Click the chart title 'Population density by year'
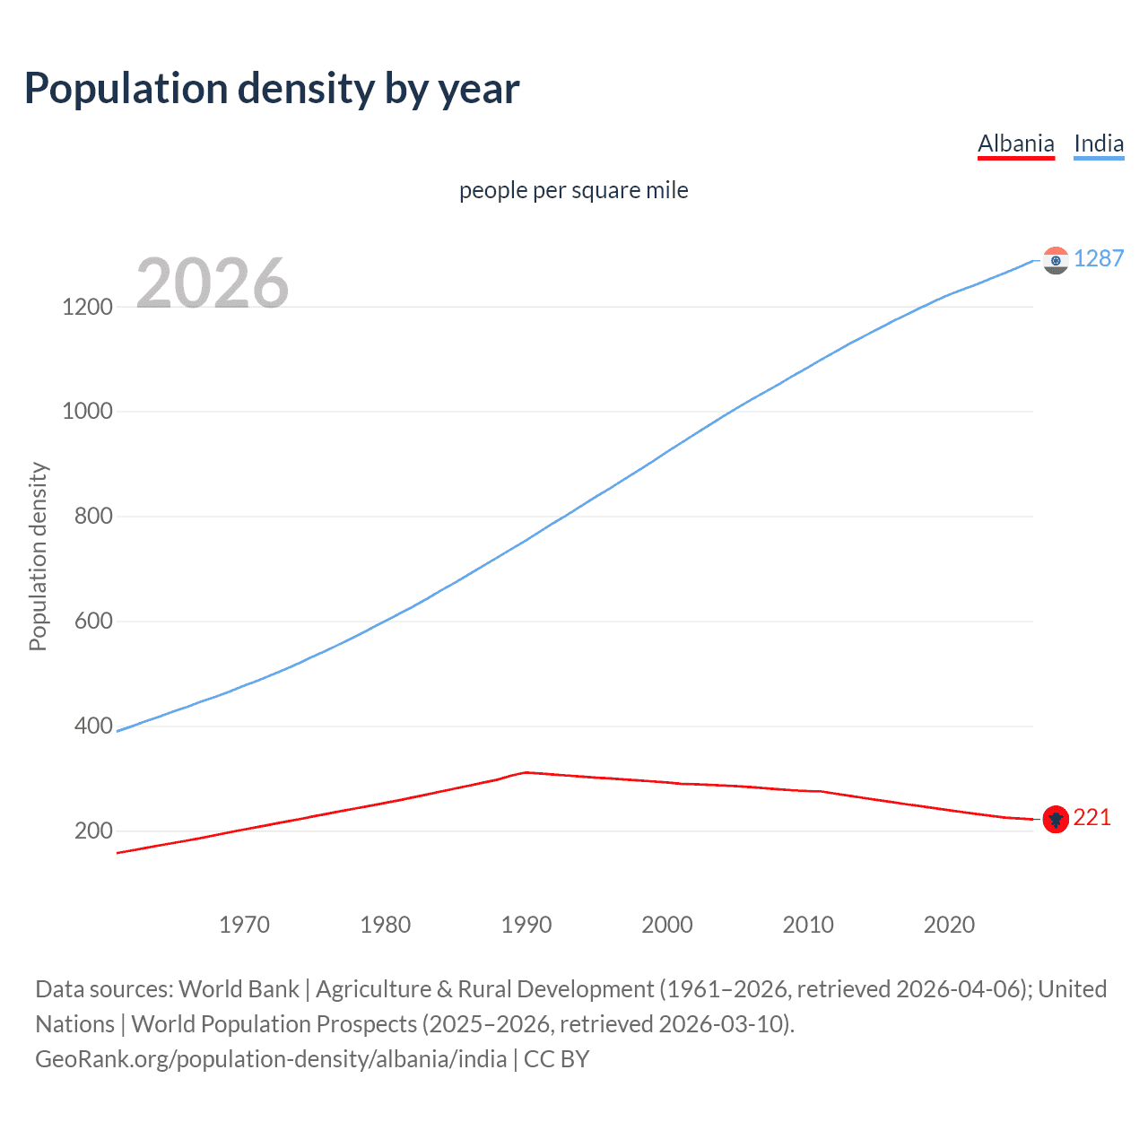tap(272, 89)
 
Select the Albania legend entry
tap(1015, 143)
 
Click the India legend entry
tap(1099, 143)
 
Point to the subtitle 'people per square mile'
tap(573, 190)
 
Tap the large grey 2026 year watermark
tap(213, 283)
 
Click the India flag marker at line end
tap(1056, 260)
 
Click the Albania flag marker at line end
tap(1056, 818)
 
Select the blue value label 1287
tap(1098, 258)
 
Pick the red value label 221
tap(1091, 817)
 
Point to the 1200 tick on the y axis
tap(87, 307)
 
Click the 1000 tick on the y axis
tap(87, 412)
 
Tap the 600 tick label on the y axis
tap(93, 621)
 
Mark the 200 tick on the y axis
tap(93, 831)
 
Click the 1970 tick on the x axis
tap(244, 925)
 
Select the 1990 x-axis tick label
tap(526, 925)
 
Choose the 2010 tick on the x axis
tap(808, 925)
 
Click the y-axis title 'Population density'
tap(38, 556)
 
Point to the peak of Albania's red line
tap(526, 771)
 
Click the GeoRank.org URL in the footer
tap(271, 1059)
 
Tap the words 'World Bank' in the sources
tap(239, 989)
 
